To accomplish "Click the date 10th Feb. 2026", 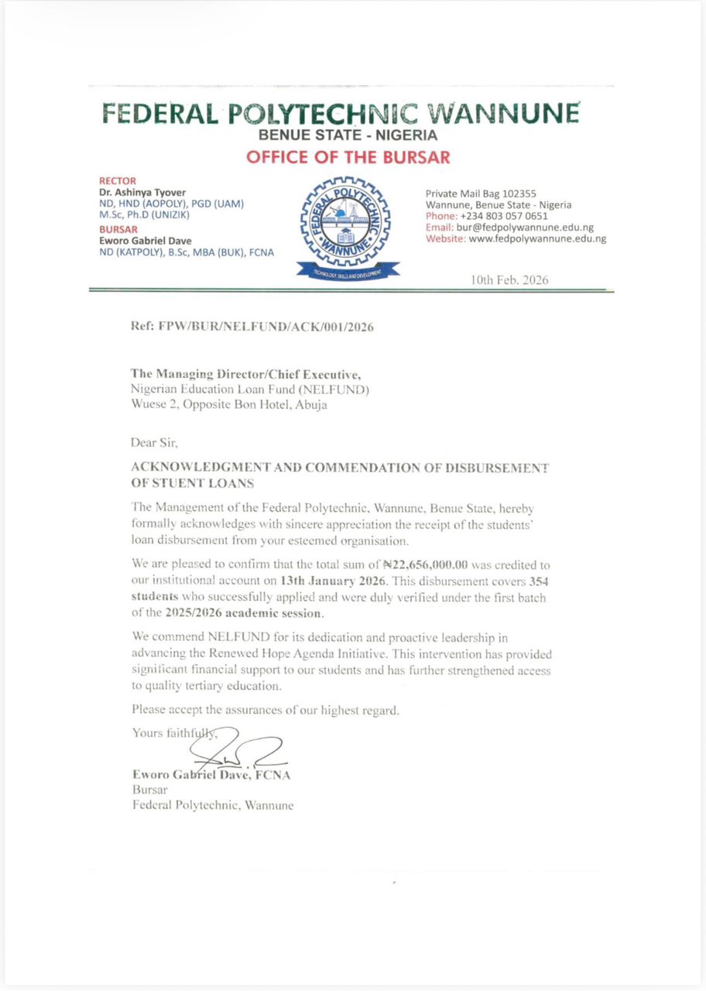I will coord(509,280).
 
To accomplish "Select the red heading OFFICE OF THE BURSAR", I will coord(348,158).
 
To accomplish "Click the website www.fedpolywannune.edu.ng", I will coord(537,239).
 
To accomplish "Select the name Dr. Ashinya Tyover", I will coord(142,193).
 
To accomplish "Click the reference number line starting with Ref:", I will coord(253,327).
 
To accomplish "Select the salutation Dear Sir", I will coord(155,444).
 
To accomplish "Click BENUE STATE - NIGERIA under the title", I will coord(348,135).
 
